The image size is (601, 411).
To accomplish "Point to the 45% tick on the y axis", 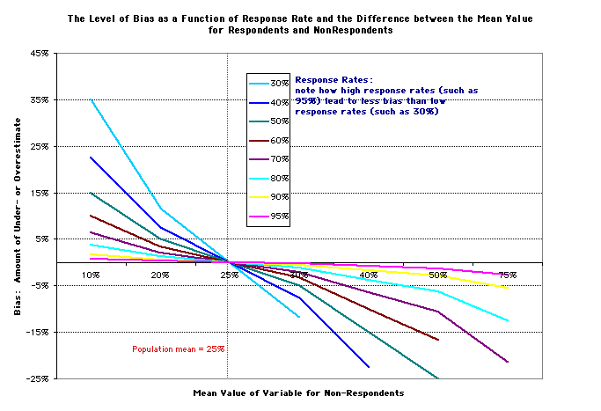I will pyautogui.click(x=39, y=54).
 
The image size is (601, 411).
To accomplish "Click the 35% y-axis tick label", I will pyautogui.click(x=39, y=100).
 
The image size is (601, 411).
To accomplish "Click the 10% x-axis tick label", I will pyautogui.click(x=90, y=275).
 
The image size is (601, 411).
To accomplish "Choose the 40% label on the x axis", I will pyautogui.click(x=368, y=275).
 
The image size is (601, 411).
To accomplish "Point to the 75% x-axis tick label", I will pyautogui.click(x=507, y=275).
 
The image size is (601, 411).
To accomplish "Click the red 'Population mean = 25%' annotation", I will pyautogui.click(x=179, y=349).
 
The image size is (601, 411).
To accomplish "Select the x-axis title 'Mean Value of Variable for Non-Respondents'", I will pyautogui.click(x=298, y=392).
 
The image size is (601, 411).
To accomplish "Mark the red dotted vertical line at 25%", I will pyautogui.click(x=229, y=176).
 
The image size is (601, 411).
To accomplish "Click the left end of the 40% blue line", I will pyautogui.click(x=90, y=158).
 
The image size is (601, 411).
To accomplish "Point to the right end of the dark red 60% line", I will pyautogui.click(x=437, y=340).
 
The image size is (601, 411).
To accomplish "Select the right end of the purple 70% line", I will pyautogui.click(x=507, y=362).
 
